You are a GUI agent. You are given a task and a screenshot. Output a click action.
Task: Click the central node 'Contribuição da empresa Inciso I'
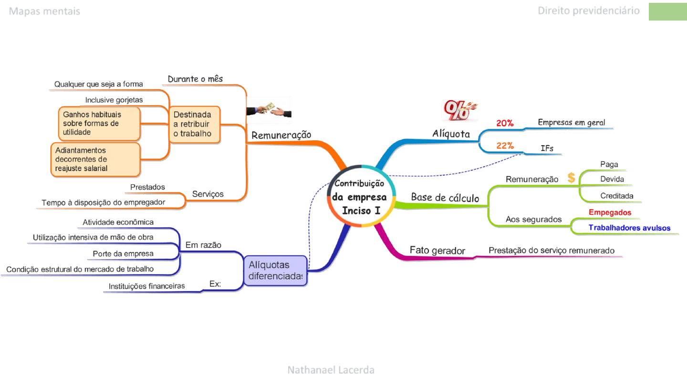361,196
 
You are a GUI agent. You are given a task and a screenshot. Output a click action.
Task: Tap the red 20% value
505,123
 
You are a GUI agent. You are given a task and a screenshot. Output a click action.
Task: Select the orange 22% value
505,146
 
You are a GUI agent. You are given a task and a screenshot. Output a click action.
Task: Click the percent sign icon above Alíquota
459,110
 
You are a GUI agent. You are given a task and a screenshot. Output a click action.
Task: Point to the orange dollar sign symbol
571,178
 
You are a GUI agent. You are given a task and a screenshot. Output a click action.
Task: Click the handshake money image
269,110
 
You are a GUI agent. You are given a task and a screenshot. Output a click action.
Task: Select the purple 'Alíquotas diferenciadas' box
275,271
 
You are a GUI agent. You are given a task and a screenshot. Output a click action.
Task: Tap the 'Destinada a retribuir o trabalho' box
195,124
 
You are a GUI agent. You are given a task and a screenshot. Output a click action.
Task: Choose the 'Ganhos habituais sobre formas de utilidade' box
99,123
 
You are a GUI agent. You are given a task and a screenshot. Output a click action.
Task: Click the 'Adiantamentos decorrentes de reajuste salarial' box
95,159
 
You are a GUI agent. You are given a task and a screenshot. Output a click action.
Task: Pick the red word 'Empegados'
610,212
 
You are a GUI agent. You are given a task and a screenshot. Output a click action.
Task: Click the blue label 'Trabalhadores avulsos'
629,228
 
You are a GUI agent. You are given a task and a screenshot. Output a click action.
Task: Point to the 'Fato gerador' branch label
437,251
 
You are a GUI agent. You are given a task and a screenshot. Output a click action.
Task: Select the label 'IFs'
547,148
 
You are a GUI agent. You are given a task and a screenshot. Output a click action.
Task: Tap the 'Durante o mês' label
195,79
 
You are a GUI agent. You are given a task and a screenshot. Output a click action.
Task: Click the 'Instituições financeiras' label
146,286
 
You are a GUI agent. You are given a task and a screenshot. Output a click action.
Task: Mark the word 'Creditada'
617,196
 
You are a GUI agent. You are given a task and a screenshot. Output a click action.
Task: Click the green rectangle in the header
668,11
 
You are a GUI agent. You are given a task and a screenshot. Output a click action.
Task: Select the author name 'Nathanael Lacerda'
331,370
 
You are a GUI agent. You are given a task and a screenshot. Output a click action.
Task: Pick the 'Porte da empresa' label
123,254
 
